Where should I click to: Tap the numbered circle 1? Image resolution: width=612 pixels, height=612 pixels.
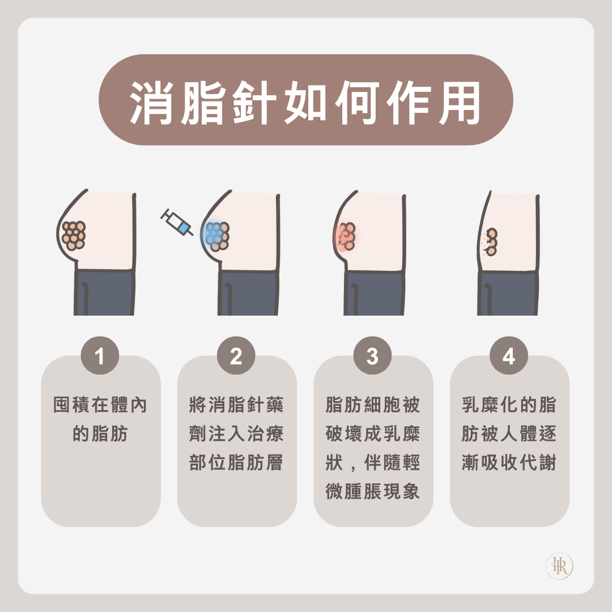100,355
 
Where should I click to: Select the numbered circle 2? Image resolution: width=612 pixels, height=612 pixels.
236,355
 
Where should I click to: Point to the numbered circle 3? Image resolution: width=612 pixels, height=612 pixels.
372,355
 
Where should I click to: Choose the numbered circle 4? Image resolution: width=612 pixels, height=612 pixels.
508,355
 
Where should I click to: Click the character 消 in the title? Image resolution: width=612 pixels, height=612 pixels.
151,103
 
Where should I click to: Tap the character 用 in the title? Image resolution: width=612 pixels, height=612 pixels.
460,103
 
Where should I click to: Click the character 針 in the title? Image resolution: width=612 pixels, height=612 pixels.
254,103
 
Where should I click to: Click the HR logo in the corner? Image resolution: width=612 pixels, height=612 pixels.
560,566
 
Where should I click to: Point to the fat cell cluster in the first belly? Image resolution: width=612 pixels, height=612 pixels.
74,235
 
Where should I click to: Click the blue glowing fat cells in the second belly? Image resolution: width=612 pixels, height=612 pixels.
216,236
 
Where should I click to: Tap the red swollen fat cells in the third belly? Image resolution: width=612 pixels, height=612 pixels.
346,236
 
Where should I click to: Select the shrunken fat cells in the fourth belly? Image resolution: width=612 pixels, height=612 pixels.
491,242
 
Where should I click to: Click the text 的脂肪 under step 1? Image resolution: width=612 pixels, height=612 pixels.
100,433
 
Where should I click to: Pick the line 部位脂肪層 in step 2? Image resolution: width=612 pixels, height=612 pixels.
236,462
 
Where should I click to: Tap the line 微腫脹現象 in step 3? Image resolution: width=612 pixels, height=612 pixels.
372,491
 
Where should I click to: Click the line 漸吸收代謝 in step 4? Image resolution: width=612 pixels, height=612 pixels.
508,462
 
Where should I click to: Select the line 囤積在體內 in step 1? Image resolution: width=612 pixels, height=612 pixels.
100,405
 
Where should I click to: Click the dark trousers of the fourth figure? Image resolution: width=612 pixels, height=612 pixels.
508,293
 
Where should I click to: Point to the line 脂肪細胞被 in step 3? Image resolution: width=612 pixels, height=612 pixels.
372,405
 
